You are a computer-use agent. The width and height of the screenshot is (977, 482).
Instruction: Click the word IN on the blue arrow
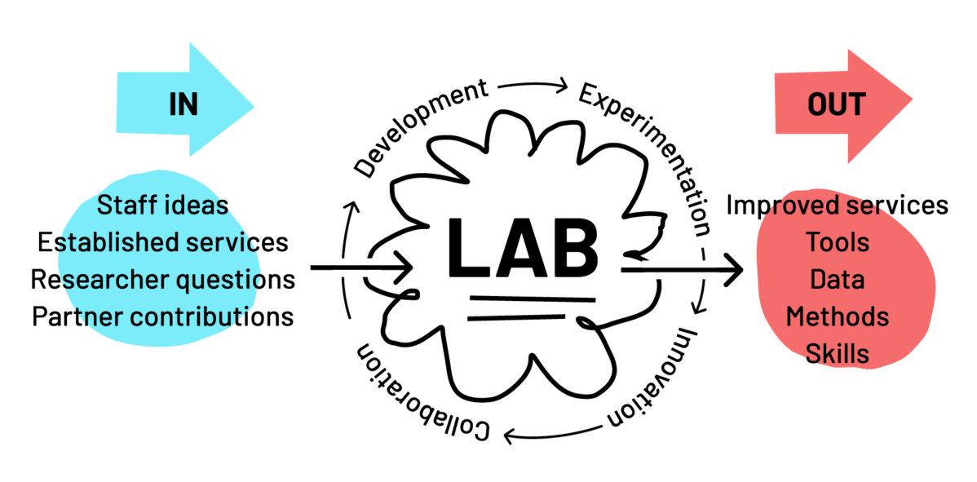[183, 104]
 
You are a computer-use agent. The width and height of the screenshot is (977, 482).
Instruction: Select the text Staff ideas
[163, 205]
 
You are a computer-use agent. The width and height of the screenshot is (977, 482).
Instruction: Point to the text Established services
[163, 241]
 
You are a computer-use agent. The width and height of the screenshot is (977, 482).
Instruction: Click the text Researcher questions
[163, 279]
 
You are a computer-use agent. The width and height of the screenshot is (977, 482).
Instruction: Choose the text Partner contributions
[163, 316]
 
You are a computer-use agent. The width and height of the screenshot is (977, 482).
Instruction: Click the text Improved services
[837, 205]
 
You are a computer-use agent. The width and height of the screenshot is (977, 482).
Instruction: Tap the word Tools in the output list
[837, 242]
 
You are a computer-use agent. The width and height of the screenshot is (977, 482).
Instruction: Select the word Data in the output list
[837, 279]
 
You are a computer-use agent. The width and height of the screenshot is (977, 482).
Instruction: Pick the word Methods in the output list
[837, 316]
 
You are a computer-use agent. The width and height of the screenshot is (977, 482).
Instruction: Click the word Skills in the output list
[837, 354]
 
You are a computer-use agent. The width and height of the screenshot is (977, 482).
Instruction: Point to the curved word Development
[421, 127]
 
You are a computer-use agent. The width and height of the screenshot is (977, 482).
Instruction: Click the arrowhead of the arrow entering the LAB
[405, 267]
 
